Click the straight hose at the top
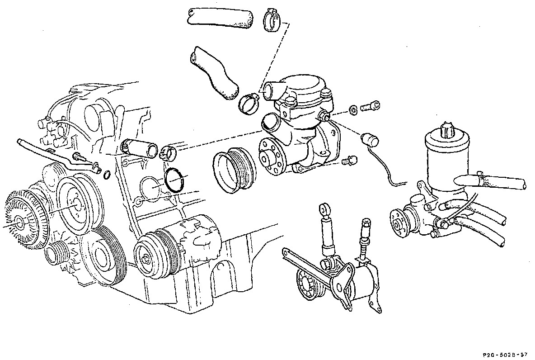(221, 19)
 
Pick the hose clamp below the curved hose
(249, 104)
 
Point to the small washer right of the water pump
(353, 109)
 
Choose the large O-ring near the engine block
(175, 180)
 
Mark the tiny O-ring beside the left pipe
(107, 175)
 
